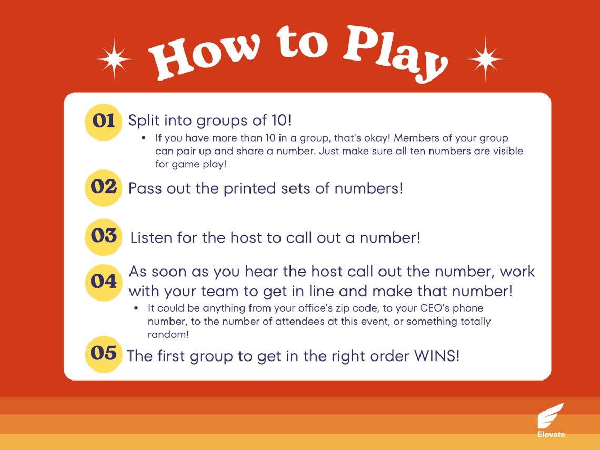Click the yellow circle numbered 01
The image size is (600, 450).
tap(104, 122)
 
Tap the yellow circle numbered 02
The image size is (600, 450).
tap(104, 187)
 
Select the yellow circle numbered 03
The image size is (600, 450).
tap(104, 236)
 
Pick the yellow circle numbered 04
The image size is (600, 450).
tap(104, 282)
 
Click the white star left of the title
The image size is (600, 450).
tap(114, 59)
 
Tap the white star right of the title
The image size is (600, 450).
tap(485, 59)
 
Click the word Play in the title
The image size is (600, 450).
tap(392, 53)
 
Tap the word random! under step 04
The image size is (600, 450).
tap(168, 334)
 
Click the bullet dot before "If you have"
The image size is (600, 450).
tap(143, 138)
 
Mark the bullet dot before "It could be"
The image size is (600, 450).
tap(136, 308)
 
